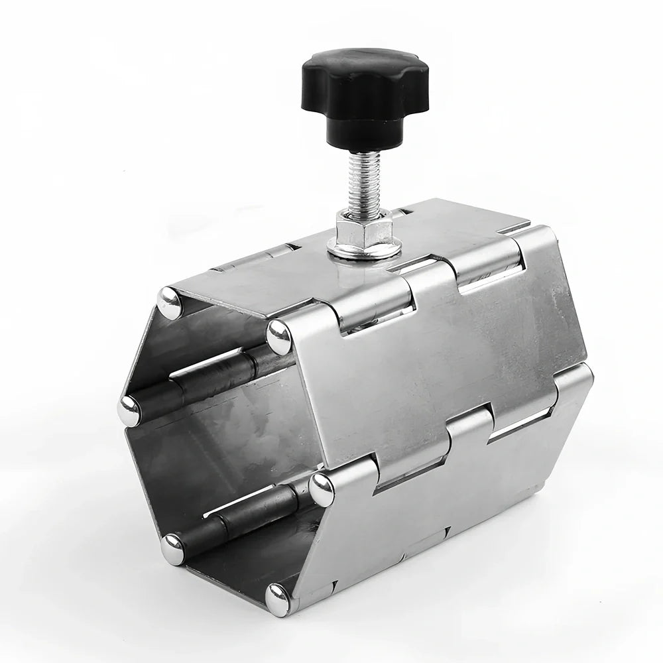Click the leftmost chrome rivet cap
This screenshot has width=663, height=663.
pos(128,412)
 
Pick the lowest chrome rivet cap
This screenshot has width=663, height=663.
pos(277,599)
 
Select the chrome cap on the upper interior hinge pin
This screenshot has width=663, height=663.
pos(128,412)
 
